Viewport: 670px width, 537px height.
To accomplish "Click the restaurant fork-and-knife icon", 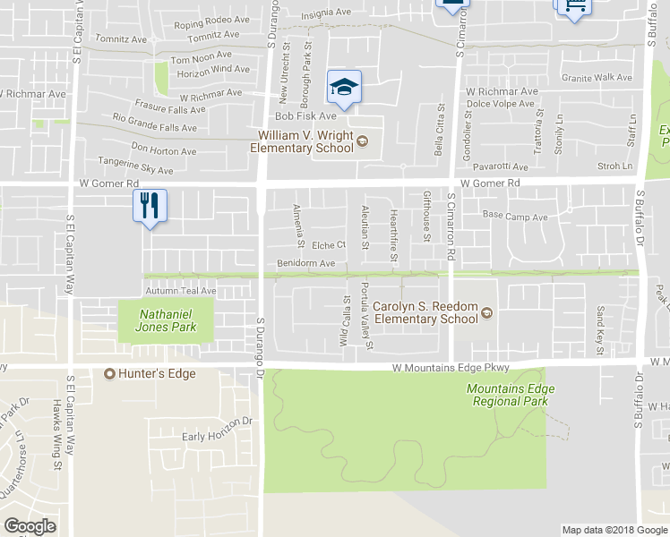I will coord(150,206).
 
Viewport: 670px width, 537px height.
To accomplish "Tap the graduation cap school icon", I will coord(343,87).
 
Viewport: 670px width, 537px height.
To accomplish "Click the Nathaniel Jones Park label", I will coord(167,320).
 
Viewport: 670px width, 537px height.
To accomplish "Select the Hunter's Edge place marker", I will coord(111,373).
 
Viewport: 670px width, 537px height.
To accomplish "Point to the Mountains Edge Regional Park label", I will coord(510,395).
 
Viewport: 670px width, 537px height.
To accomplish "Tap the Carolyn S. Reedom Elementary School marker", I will coord(487,313).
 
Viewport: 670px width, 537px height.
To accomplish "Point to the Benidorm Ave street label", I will coord(305,263).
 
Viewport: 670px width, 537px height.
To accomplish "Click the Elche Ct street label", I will coord(329,245).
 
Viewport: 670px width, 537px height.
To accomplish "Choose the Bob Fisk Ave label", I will coord(305,116).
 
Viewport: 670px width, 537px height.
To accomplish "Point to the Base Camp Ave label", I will coord(514,216).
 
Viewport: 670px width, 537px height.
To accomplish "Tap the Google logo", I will coord(30,526).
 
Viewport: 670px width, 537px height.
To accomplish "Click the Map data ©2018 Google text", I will coord(614,530).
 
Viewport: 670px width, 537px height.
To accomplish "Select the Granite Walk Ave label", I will coord(597,78).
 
